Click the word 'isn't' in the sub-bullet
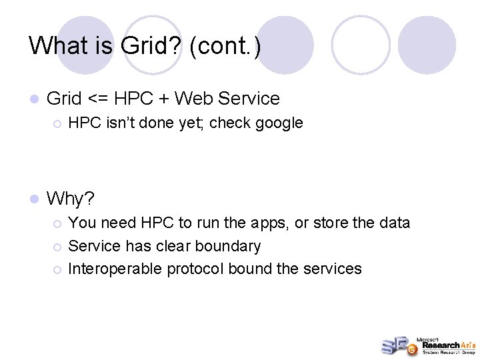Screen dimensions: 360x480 116,123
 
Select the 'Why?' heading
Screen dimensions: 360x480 71,199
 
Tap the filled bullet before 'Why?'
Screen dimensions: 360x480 35,199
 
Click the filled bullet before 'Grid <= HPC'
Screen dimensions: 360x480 35,99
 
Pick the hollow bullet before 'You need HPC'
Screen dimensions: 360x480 58,223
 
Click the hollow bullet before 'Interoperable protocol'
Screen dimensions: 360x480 58,269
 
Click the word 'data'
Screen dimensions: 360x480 393,223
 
